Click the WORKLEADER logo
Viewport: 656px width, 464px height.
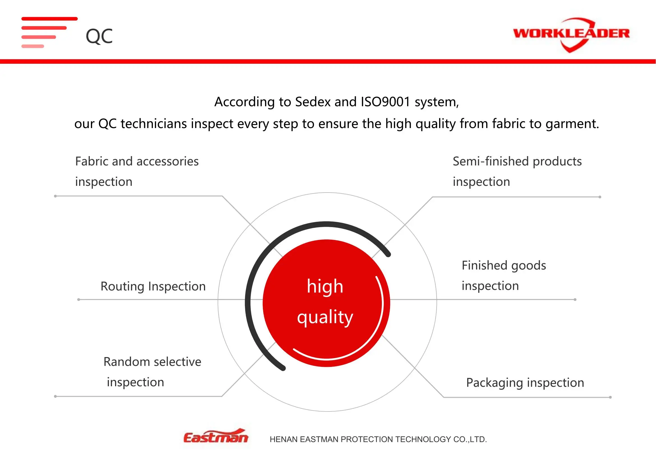pos(571,35)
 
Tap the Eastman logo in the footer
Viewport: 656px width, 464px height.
pos(216,436)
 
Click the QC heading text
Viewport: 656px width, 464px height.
pos(99,36)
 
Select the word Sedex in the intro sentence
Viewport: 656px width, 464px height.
pos(313,102)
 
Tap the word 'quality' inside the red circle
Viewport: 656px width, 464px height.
pos(325,317)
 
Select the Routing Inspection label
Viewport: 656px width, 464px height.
pos(153,287)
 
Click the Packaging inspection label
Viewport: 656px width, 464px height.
pos(525,383)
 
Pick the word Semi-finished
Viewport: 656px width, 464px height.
pos(491,161)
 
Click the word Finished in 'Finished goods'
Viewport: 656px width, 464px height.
pos(485,265)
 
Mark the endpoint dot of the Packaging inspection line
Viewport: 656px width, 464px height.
pos(610,397)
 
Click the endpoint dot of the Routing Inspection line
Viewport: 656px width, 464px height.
pos(79,300)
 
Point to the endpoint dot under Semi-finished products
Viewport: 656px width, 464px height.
pos(600,197)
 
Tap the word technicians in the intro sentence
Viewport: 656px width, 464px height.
pos(154,124)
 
